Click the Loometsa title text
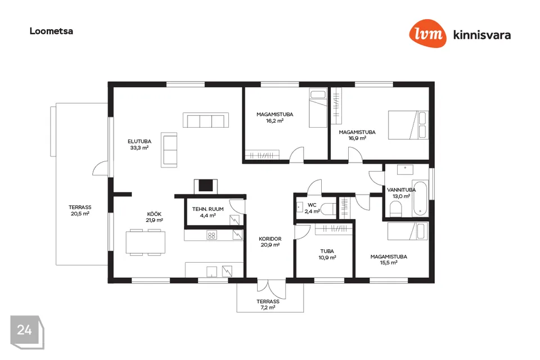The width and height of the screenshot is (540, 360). click(51, 31)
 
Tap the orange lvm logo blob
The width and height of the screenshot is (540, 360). click(427, 33)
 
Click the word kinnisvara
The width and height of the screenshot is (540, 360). click(482, 35)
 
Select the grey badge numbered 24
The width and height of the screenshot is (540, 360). click(27, 332)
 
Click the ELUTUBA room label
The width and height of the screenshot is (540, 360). click(139, 141)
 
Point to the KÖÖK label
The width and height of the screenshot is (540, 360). click(154, 214)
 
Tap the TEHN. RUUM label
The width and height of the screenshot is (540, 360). click(208, 209)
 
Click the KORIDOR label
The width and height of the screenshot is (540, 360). click(270, 238)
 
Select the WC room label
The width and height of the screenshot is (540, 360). click(312, 205)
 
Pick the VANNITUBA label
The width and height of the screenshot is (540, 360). click(402, 190)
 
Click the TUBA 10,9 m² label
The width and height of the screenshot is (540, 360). click(327, 254)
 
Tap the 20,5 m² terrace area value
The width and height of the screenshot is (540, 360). click(80, 214)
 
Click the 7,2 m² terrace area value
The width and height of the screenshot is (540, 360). click(268, 307)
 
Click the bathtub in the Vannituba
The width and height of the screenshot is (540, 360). click(420, 199)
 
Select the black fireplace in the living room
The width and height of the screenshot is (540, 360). click(206, 185)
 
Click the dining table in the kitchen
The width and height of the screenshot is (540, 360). click(145, 242)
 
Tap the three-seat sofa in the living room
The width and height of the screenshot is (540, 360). click(206, 120)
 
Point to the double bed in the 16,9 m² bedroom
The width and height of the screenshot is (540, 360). click(408, 125)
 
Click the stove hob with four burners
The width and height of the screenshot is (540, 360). click(211, 235)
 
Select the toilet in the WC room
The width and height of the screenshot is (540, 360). click(328, 209)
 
